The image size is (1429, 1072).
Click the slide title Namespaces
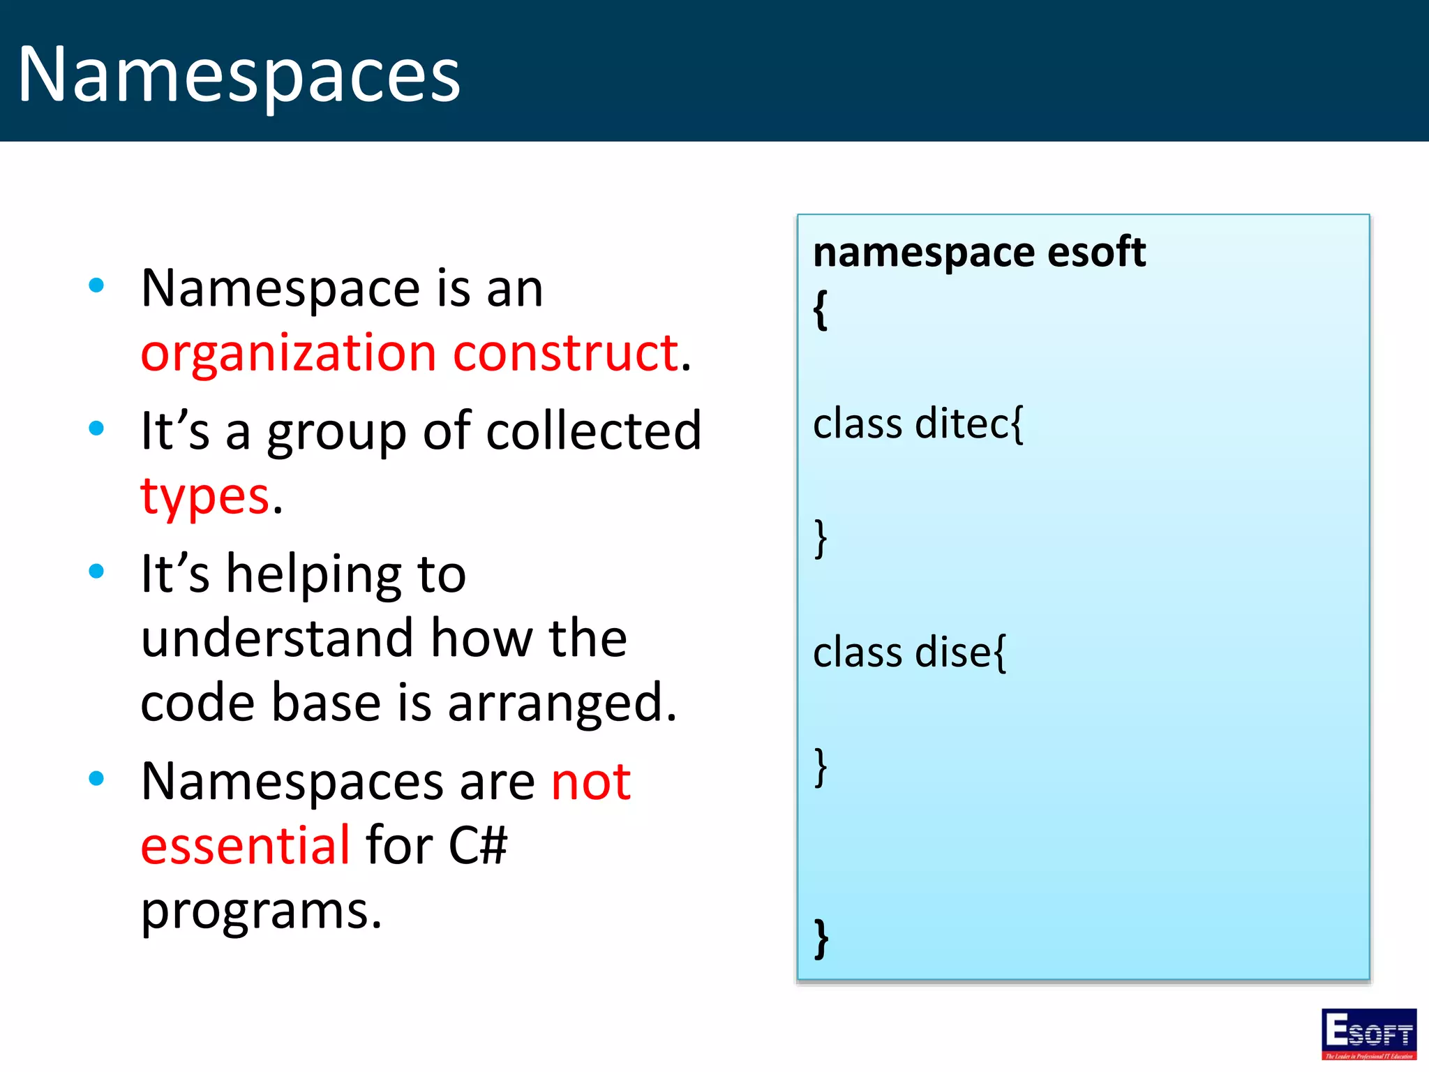[x=239, y=74]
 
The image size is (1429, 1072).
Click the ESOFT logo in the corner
[x=1368, y=1034]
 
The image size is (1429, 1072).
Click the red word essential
[x=245, y=845]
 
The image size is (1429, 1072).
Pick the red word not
[x=590, y=781]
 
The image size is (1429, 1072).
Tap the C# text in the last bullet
[x=477, y=845]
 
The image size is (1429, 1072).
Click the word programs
[x=261, y=911]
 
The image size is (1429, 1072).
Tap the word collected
[x=593, y=431]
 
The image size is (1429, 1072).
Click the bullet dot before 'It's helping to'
[x=96, y=572]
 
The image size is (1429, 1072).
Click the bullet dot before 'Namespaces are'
[x=96, y=778]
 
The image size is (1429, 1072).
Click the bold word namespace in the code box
[x=922, y=253]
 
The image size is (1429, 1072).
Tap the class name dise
[x=952, y=653]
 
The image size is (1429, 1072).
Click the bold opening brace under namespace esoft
[x=821, y=309]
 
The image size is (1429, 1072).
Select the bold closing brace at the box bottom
[x=822, y=939]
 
